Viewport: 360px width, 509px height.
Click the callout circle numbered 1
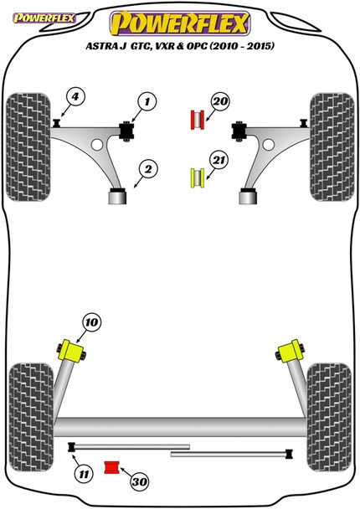pyautogui.click(x=147, y=103)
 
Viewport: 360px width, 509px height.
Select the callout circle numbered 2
pyautogui.click(x=147, y=171)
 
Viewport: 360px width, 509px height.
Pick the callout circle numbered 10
pyautogui.click(x=90, y=320)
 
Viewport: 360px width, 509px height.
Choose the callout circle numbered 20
pyautogui.click(x=220, y=103)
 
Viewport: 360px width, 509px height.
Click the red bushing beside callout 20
pyautogui.click(x=198, y=120)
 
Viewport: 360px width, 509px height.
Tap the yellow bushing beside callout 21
pyautogui.click(x=197, y=177)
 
